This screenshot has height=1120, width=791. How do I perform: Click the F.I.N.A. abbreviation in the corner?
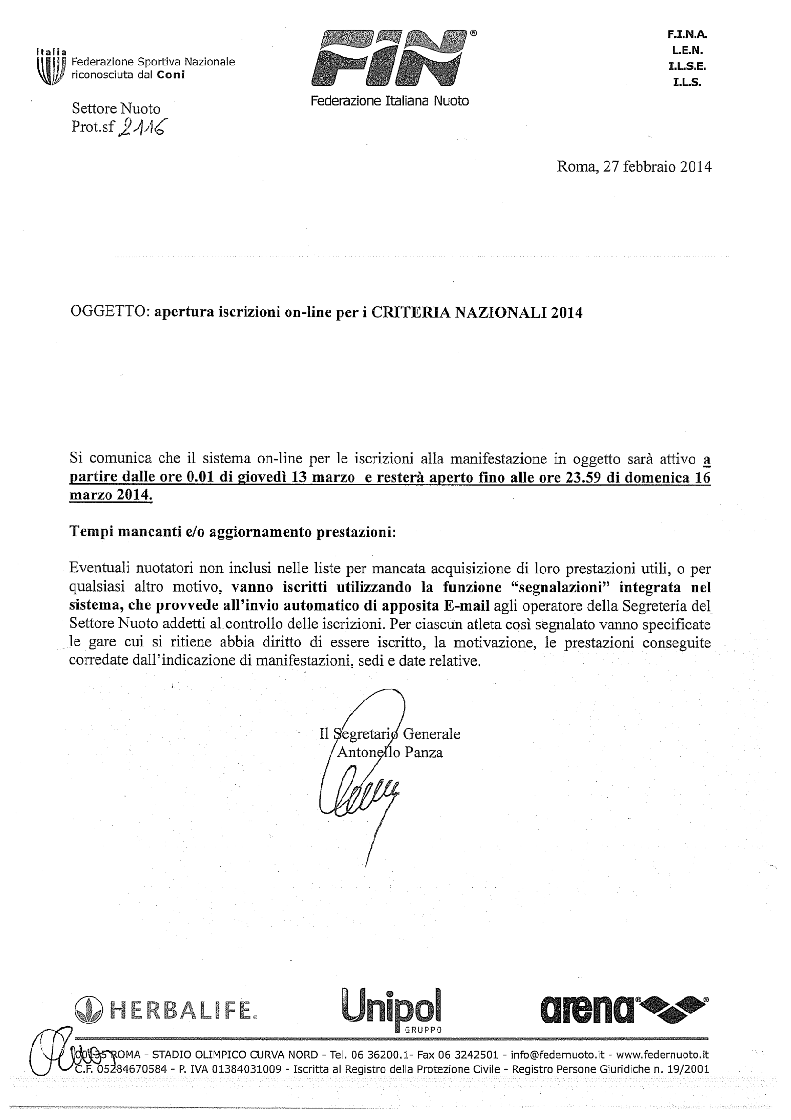(687, 34)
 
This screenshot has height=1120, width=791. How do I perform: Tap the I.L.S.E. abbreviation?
(687, 66)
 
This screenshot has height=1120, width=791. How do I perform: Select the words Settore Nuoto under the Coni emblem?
(116, 108)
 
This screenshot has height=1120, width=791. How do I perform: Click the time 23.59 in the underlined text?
(582, 477)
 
